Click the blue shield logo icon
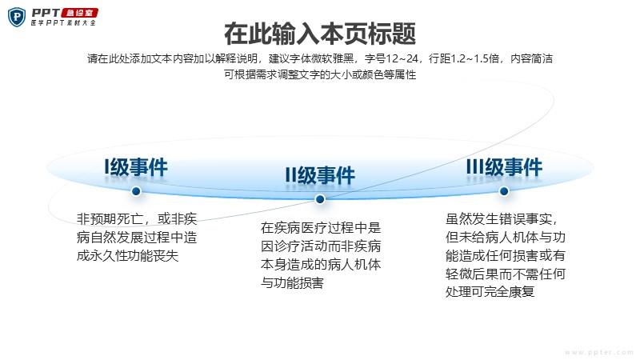[17, 18]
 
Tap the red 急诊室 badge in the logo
[79, 13]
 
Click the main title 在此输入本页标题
[320, 34]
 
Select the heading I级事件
[136, 167]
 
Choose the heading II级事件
[320, 175]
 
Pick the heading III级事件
[504, 167]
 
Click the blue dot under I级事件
[136, 191]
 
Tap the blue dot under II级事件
[320, 198]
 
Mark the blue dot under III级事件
[504, 190]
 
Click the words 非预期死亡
[110, 219]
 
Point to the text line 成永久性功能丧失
[127, 255]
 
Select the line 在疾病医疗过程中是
[321, 228]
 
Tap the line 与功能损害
[292, 282]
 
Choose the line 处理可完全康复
[490, 292]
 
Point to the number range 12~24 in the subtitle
[402, 58]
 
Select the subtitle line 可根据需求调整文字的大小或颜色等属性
[320, 74]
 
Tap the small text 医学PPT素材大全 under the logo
[64, 23]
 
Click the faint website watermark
[599, 352]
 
